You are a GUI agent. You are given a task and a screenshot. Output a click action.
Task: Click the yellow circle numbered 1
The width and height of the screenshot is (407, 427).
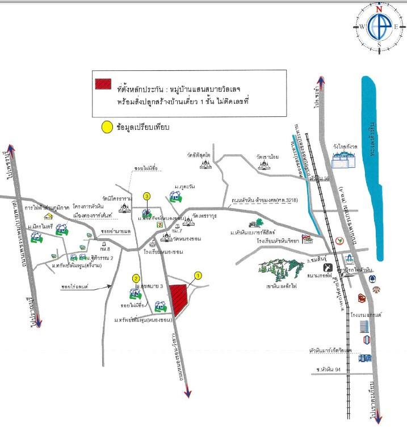[x=198, y=276]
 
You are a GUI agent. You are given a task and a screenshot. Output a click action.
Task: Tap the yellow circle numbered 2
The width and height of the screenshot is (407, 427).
[x=136, y=278]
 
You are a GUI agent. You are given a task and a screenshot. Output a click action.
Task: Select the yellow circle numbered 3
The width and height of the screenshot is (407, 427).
[x=146, y=196]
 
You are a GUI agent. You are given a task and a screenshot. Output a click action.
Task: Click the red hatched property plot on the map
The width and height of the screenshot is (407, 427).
[x=181, y=299]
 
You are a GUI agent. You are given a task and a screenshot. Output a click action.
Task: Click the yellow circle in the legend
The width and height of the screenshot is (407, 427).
[x=106, y=127]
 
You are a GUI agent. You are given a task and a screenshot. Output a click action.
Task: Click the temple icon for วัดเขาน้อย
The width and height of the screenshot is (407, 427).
[x=263, y=164]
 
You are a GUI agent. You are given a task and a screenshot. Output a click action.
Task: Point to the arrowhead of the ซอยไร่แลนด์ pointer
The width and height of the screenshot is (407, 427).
[x=112, y=286]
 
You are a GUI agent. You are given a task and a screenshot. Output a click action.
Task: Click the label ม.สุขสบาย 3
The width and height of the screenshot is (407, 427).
[x=150, y=287]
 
